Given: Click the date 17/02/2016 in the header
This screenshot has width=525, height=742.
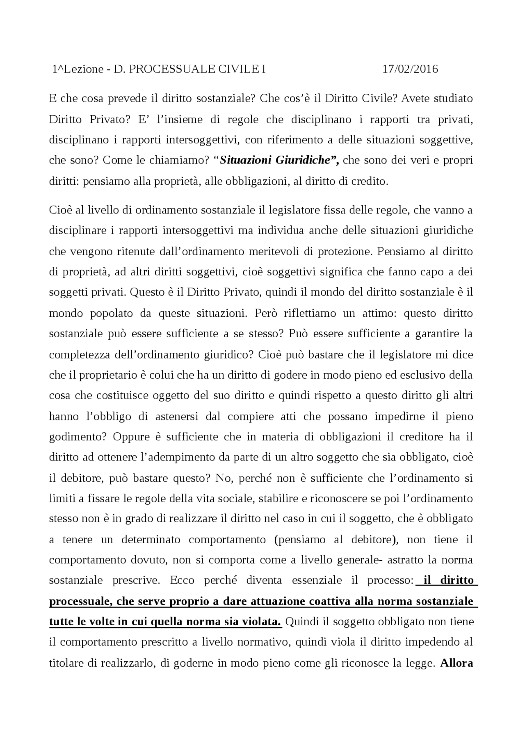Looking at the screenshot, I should point(410,69).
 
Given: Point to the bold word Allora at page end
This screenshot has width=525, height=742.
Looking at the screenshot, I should point(457,663).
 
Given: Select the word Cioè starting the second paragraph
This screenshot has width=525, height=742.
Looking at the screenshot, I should point(60,210).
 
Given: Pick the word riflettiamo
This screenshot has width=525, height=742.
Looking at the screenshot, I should point(301,313).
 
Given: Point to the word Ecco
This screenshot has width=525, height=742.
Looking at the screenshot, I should point(183,580).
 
